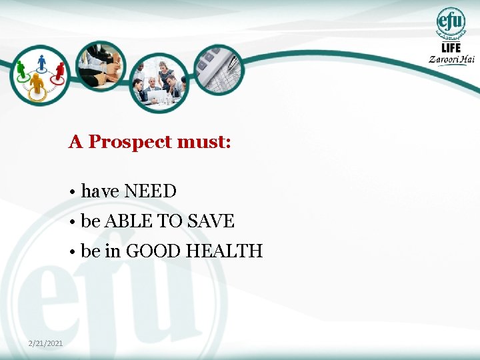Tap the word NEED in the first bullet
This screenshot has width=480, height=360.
pyautogui.click(x=151, y=191)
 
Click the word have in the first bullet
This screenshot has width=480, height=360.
pyautogui.click(x=100, y=191)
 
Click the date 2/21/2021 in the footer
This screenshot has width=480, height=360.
pyautogui.click(x=46, y=343)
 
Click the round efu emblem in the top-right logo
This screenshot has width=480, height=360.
pyautogui.click(x=451, y=21)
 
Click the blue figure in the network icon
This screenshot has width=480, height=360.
pyautogui.click(x=43, y=62)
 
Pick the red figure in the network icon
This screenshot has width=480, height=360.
pyautogui.click(x=60, y=69)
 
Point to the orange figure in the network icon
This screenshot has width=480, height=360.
pyautogui.click(x=37, y=84)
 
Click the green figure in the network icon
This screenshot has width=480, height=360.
pyautogui.click(x=21, y=68)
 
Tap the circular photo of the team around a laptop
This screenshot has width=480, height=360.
pyautogui.click(x=159, y=82)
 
